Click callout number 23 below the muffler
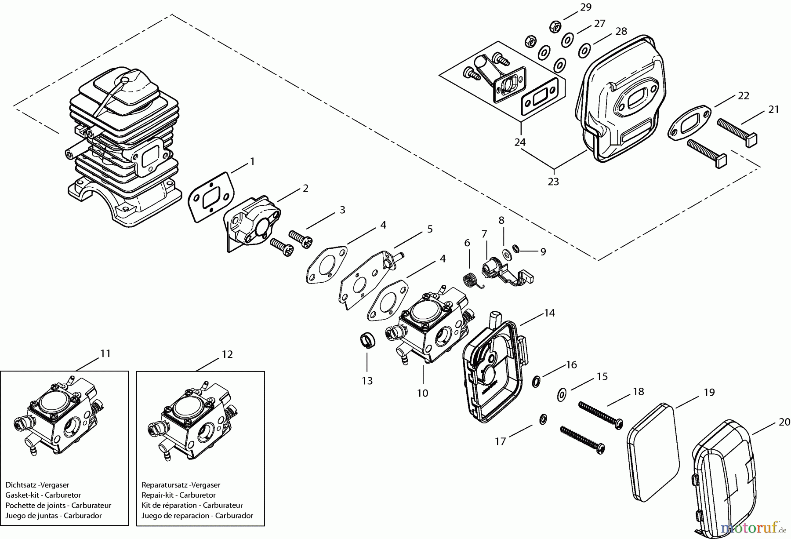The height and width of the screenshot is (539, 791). pyautogui.click(x=553, y=181)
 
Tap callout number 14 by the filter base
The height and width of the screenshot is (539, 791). pyautogui.click(x=549, y=313)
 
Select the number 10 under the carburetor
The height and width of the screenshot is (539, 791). pyautogui.click(x=422, y=393)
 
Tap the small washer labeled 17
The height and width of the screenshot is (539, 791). pyautogui.click(x=543, y=419)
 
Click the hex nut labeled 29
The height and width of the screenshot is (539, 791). pyautogui.click(x=555, y=27)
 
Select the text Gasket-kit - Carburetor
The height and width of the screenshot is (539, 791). pyautogui.click(x=43, y=495)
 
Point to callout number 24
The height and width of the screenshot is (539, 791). pyautogui.click(x=520, y=142)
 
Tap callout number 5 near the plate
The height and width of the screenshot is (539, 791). pyautogui.click(x=430, y=229)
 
